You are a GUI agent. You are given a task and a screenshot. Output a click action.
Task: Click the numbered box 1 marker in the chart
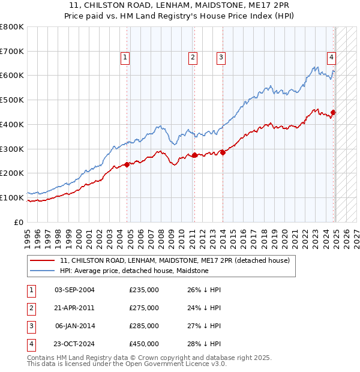(125, 58)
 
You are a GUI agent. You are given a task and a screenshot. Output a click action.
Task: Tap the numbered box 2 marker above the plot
(193, 58)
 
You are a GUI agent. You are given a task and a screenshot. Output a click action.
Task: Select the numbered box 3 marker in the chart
(221, 58)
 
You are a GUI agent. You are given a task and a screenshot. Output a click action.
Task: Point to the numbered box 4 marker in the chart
(331, 58)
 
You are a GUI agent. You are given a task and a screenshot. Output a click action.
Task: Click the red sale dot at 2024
(334, 112)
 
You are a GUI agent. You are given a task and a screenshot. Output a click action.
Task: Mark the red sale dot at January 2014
(223, 152)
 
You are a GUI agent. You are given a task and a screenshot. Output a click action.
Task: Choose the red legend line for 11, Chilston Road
(42, 260)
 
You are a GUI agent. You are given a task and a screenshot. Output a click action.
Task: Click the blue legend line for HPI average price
(42, 271)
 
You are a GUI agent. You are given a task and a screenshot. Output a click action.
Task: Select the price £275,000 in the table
(144, 308)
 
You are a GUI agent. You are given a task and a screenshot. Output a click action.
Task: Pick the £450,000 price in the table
(144, 344)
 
